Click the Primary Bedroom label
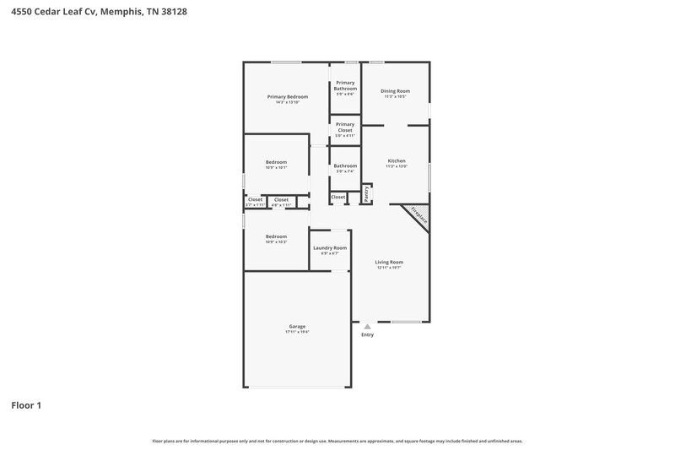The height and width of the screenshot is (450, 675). pyautogui.click(x=288, y=97)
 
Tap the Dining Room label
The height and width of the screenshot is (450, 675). pyautogui.click(x=395, y=90)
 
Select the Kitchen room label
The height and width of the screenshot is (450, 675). pyautogui.click(x=397, y=160)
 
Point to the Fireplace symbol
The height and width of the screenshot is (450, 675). pyautogui.click(x=418, y=215)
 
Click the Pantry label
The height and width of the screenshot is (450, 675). pyautogui.click(x=367, y=194)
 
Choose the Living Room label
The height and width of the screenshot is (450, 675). pyautogui.click(x=389, y=262)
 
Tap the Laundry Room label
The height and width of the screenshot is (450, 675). pyautogui.click(x=330, y=247)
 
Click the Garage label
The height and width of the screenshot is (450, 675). pyautogui.click(x=297, y=326)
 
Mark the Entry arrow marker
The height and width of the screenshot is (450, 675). pyautogui.click(x=367, y=326)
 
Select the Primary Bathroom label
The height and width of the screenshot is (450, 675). pyautogui.click(x=345, y=85)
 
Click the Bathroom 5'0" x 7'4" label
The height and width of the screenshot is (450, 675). pyautogui.click(x=345, y=165)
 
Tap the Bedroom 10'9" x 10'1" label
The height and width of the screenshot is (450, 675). pyautogui.click(x=277, y=162)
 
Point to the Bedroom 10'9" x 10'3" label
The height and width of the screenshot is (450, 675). pyautogui.click(x=277, y=236)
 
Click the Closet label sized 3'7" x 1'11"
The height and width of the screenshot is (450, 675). pyautogui.click(x=255, y=199)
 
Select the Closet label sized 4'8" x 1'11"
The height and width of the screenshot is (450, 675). pyautogui.click(x=281, y=199)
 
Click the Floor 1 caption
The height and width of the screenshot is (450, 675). pyautogui.click(x=26, y=405)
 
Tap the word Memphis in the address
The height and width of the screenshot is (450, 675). pyautogui.click(x=127, y=12)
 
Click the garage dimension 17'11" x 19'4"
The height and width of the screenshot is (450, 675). pyautogui.click(x=297, y=333)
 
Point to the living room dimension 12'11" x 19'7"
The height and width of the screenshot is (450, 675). pyautogui.click(x=389, y=268)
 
